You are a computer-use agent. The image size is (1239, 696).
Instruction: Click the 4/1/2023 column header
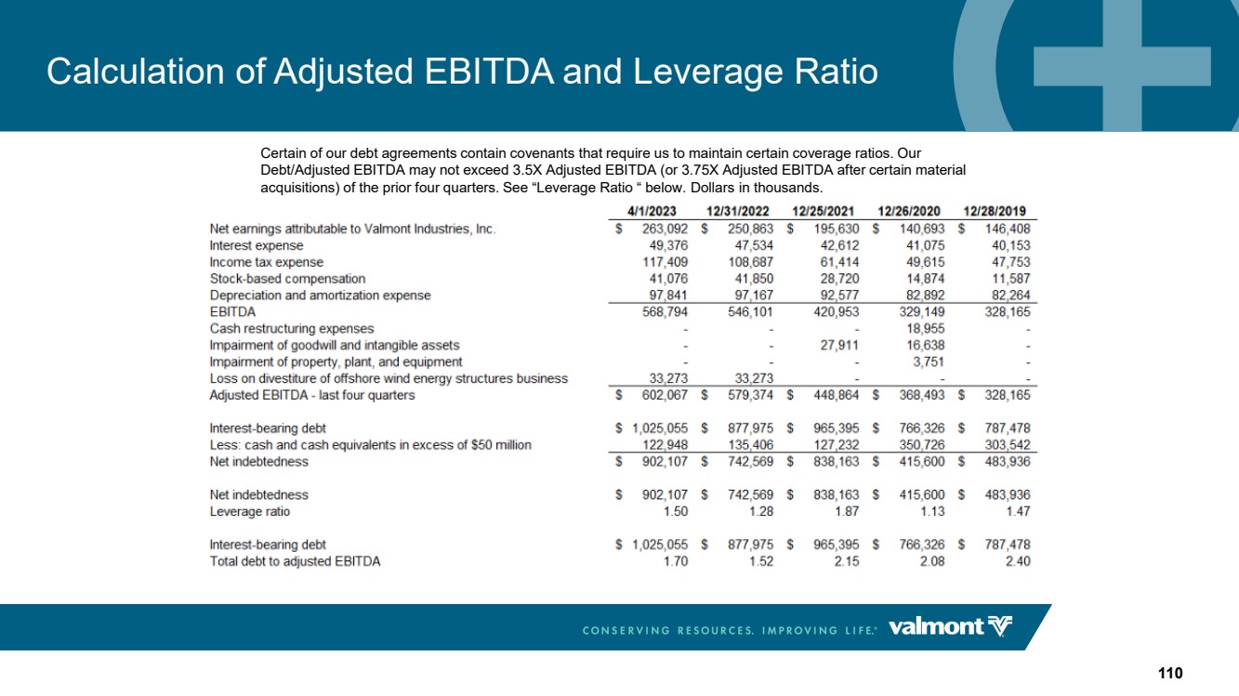[652, 211]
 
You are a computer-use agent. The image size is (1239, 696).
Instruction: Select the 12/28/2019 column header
[995, 211]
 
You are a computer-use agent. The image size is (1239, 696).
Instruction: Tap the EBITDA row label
[232, 312]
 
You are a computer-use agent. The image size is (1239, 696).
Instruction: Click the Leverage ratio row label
[249, 511]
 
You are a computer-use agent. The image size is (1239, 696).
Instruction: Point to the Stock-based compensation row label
[287, 279]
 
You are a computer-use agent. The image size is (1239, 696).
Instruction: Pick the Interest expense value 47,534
[754, 245]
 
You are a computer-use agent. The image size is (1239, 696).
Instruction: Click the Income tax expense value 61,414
[839, 262]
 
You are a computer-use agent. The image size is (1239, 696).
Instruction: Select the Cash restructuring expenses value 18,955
[926, 328]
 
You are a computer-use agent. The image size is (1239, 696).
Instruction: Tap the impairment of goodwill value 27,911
[839, 346]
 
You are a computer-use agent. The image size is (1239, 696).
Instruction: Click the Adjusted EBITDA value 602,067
[665, 395]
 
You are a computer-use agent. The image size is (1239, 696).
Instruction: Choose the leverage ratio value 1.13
[932, 511]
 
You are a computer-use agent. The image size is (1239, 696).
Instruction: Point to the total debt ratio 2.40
[1018, 561]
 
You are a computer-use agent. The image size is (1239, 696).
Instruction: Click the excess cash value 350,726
[921, 445]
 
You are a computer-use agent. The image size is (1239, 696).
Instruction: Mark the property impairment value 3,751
[929, 362]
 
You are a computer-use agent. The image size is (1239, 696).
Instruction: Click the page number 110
[1170, 673]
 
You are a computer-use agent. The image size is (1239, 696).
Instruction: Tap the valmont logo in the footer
[950, 627]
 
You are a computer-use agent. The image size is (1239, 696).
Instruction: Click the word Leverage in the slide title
[708, 72]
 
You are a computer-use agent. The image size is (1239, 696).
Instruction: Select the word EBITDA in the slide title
[488, 72]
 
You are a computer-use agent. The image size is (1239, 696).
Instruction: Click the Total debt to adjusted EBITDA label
[295, 561]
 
